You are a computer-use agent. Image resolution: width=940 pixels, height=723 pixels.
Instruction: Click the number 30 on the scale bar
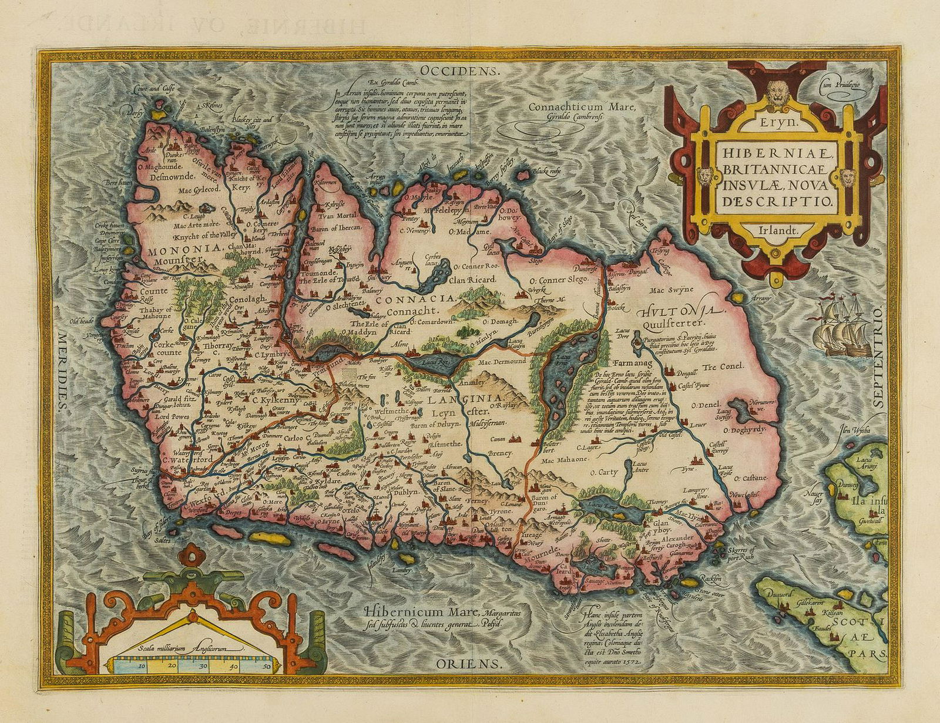203,666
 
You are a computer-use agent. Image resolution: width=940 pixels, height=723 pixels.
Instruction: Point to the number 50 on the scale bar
267,666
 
